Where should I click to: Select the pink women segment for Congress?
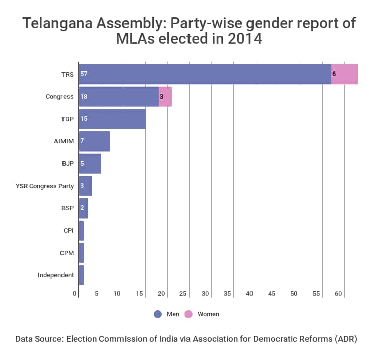(x=165, y=96)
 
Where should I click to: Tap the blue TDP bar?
(x=112, y=119)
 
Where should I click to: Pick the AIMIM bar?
(x=94, y=141)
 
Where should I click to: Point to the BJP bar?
(x=90, y=163)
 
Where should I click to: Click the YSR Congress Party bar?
(x=85, y=186)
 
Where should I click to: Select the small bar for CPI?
(x=81, y=231)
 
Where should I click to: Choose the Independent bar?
(x=81, y=275)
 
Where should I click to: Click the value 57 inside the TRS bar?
(x=84, y=74)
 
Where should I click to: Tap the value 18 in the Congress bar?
(x=84, y=96)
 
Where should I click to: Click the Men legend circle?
(x=158, y=314)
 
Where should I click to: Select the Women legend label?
(x=208, y=314)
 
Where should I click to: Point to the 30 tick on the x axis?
(x=206, y=293)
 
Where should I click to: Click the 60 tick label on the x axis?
(x=338, y=293)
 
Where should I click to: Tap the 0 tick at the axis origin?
(x=75, y=293)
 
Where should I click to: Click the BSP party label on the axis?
(x=67, y=208)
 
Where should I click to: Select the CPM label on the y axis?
(x=67, y=253)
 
